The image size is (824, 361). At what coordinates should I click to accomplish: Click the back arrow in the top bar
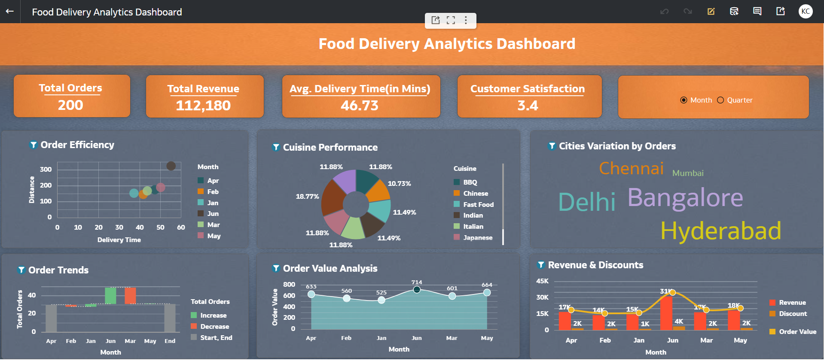(10, 12)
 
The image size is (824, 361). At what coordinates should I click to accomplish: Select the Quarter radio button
(720, 100)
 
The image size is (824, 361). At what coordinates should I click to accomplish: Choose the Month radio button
(684, 100)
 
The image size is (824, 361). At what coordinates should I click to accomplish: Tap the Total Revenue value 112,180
(203, 106)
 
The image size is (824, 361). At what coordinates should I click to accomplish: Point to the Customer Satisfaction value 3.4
(528, 106)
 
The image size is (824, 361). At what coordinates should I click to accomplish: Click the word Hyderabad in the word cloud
(720, 231)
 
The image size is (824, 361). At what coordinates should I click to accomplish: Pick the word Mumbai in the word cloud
(688, 173)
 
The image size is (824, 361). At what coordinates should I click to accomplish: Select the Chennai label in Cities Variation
(631, 168)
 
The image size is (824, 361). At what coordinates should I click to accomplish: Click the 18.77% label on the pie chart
(307, 197)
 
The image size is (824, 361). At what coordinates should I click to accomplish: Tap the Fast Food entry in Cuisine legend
(478, 205)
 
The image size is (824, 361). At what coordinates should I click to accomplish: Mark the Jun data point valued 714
(416, 290)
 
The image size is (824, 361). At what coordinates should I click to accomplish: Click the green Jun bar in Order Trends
(110, 295)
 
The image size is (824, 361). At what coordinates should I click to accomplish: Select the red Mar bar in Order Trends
(130, 295)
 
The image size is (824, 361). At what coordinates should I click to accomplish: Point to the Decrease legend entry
(214, 327)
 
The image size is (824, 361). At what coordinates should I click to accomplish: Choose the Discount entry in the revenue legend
(793, 314)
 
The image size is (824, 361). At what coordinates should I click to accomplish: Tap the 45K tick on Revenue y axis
(542, 281)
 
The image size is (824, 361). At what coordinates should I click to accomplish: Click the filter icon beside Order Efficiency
(33, 145)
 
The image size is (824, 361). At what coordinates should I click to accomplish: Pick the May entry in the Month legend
(214, 236)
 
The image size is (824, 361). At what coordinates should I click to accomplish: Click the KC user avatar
(806, 12)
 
